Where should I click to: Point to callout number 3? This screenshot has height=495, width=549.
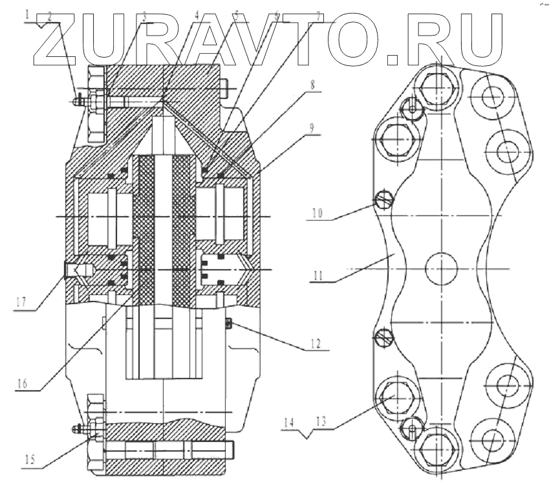[x=145, y=14]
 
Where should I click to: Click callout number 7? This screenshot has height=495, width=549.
[x=318, y=14]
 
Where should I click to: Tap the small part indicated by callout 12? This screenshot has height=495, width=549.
[x=230, y=322]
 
